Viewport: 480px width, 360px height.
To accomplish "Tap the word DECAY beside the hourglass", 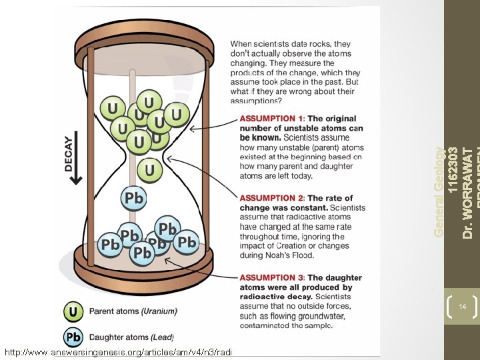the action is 69,154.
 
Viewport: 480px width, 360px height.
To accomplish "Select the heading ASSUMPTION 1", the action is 271,119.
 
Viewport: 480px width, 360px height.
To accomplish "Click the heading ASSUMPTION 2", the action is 271,198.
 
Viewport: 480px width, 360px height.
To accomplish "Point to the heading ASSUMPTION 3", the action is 271,277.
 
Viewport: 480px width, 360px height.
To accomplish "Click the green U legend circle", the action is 73,311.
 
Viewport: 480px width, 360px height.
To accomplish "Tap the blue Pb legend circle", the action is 73,337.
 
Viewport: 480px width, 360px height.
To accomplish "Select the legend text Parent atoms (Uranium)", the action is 133,311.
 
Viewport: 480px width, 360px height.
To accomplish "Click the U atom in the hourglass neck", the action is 149,169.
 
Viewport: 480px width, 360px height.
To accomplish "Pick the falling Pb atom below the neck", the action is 133,198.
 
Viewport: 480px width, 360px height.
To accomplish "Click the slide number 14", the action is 461,307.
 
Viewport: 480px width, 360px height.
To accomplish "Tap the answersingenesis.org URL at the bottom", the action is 117,351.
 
